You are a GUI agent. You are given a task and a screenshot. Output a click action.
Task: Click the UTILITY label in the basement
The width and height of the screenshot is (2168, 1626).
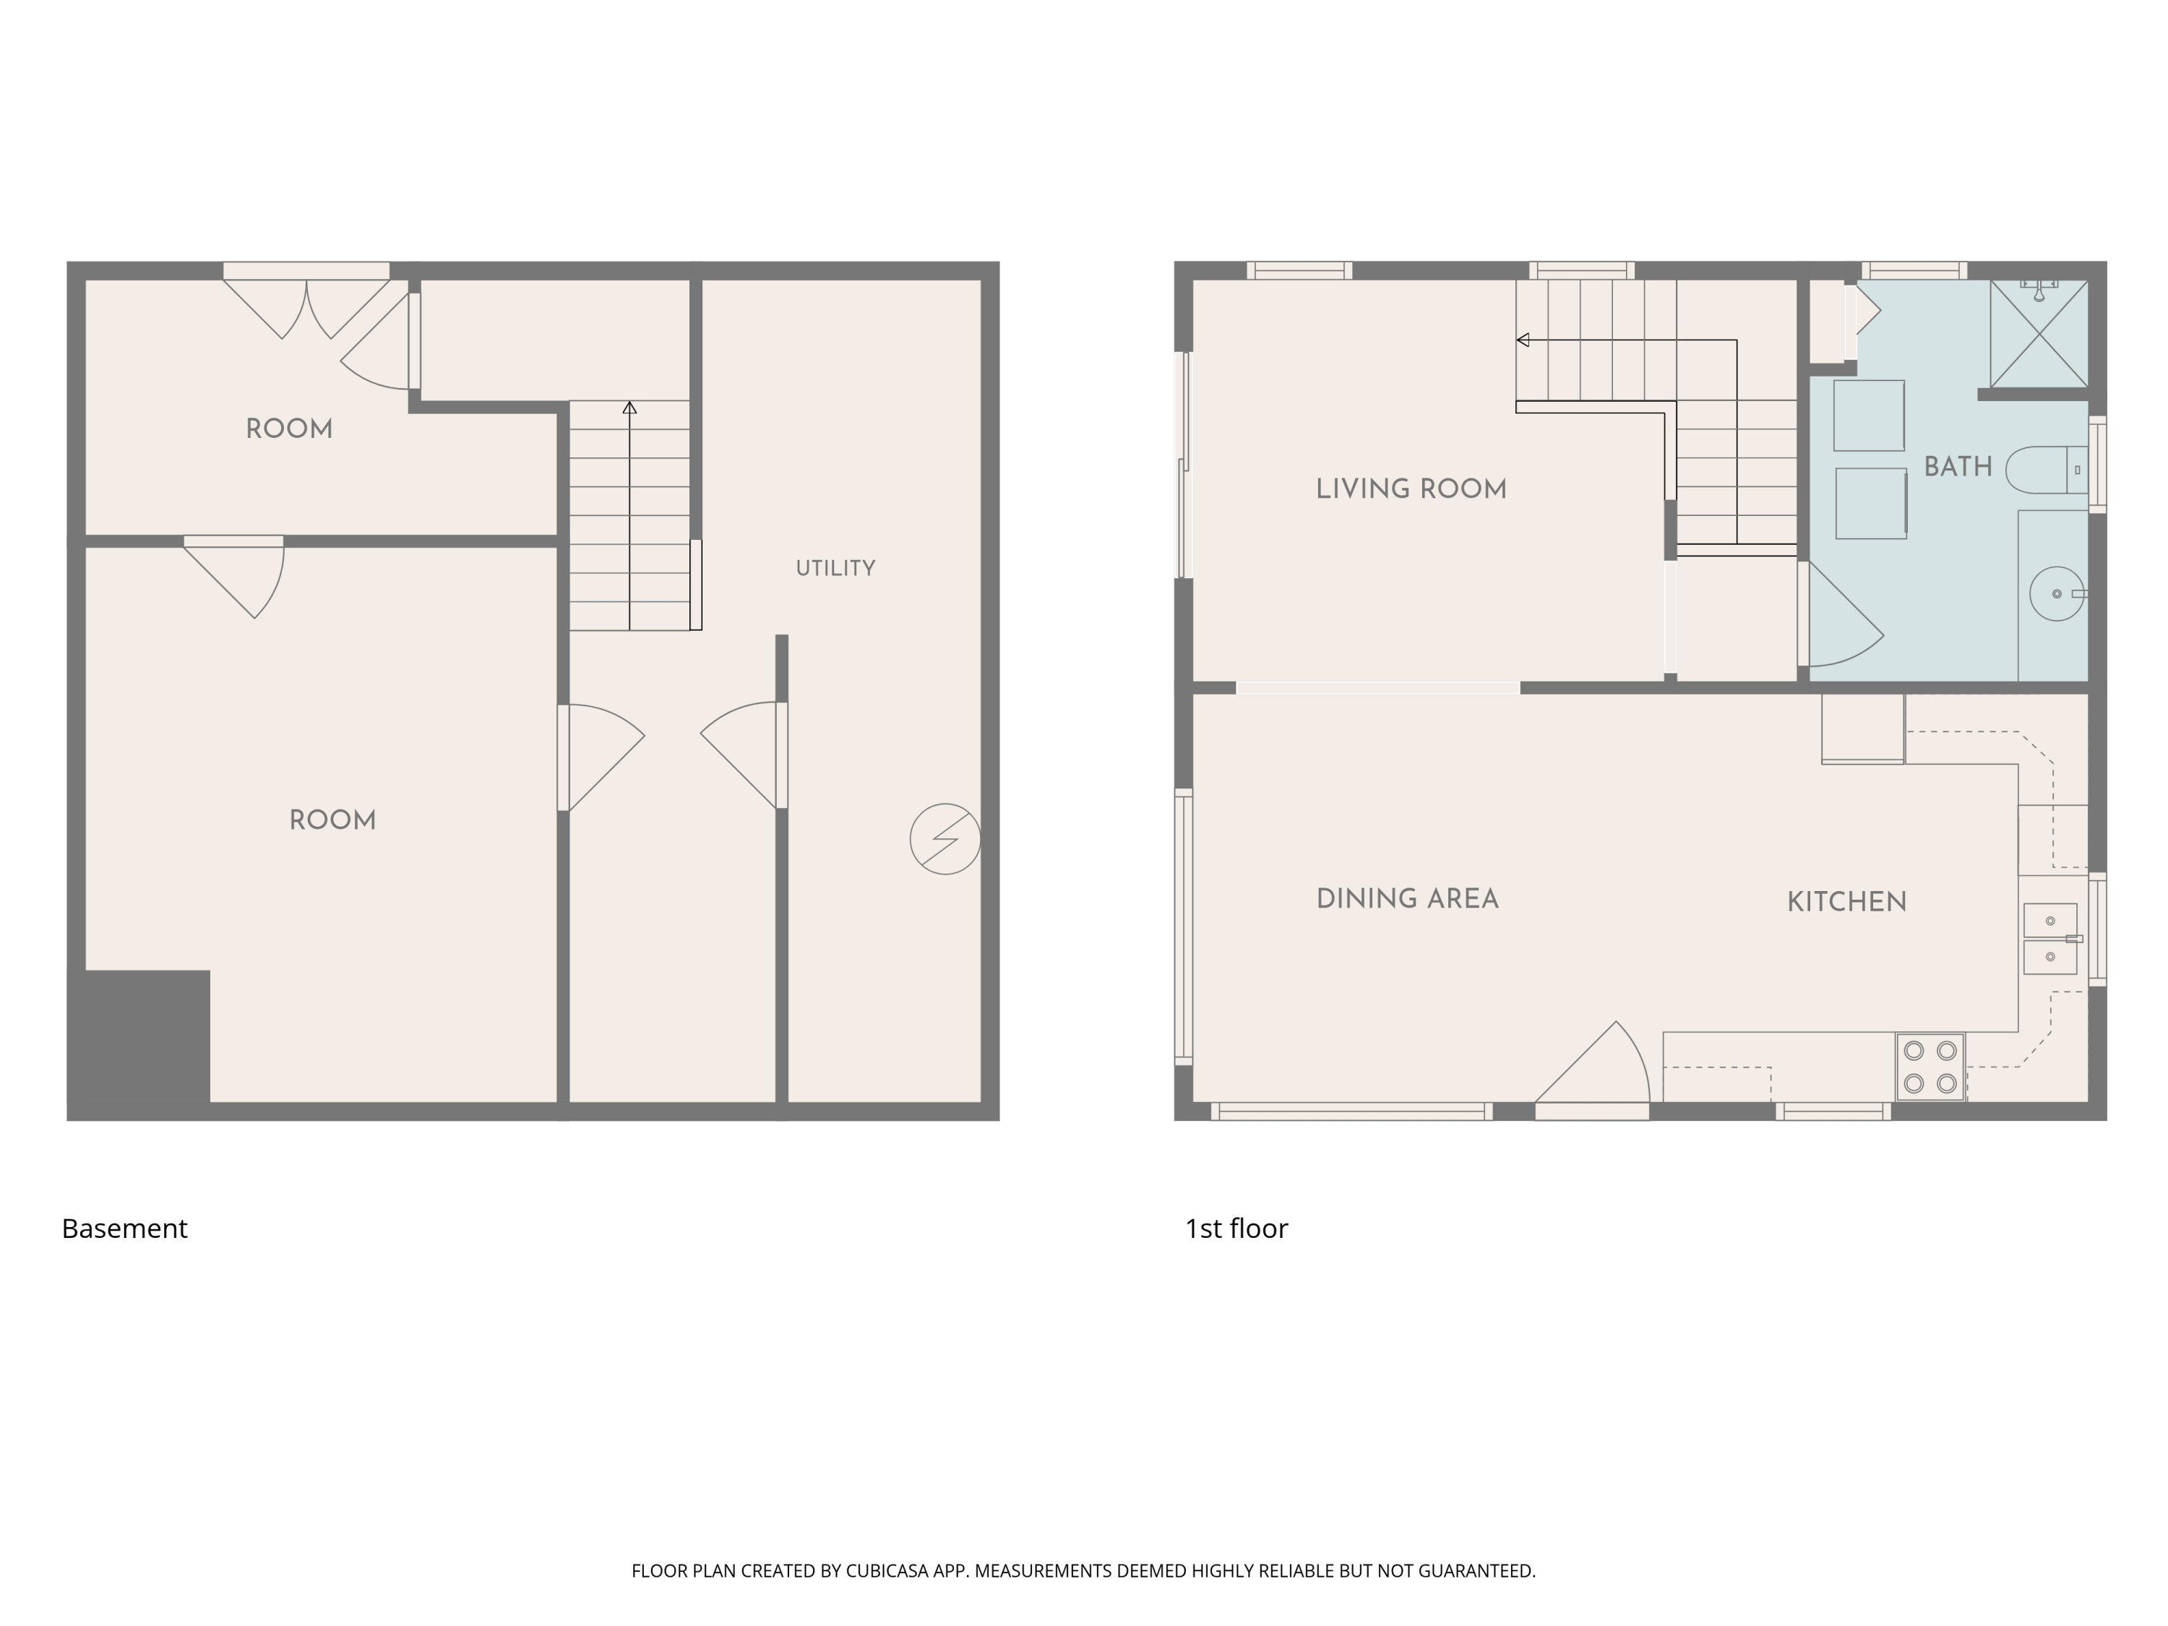coord(835,569)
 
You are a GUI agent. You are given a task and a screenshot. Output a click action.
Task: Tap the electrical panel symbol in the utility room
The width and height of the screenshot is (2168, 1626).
coord(945,839)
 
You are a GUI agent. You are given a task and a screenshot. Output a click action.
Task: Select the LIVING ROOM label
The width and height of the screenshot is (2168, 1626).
coord(1411,489)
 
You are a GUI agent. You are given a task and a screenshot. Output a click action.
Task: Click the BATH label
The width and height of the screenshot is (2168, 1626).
coord(1957,467)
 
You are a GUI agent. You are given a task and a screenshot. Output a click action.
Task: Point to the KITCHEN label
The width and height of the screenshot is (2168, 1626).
coord(1846,902)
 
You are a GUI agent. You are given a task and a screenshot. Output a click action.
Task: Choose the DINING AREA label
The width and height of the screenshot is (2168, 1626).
coord(1406,899)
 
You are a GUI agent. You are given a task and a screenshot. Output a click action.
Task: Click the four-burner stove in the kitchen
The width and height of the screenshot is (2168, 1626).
coord(1930,1067)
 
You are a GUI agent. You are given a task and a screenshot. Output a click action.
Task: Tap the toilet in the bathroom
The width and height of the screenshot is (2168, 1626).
coord(2047,470)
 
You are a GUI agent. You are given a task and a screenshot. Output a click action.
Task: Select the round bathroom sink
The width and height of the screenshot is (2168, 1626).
coord(2056,594)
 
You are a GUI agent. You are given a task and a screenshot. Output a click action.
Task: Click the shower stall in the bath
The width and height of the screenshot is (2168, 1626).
coord(2039,333)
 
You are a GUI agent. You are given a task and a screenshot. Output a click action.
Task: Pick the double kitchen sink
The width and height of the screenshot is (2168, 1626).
coord(2050,939)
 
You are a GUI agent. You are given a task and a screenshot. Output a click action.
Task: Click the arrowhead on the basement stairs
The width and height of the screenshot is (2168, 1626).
coord(629,408)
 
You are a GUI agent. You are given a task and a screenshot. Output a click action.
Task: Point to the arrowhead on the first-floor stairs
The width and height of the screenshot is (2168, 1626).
coord(1523,340)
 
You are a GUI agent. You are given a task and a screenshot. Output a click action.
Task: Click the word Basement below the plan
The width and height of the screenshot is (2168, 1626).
coord(124,1228)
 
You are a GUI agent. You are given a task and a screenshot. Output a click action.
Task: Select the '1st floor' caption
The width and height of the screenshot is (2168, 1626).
coord(1236,1228)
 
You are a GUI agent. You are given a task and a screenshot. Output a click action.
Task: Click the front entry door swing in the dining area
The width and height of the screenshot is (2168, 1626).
coord(1593,1068)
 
